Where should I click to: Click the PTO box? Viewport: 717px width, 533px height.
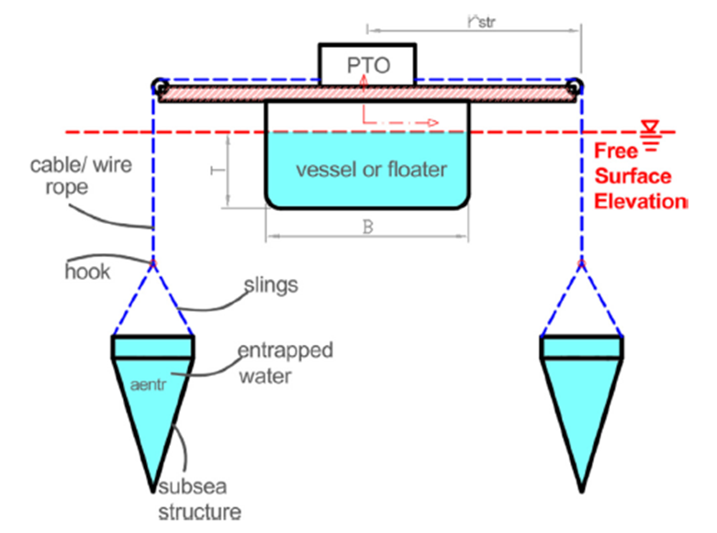point(366,63)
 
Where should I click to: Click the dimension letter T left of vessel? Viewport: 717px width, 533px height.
point(212,172)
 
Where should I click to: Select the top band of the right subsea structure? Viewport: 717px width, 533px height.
point(582,347)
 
